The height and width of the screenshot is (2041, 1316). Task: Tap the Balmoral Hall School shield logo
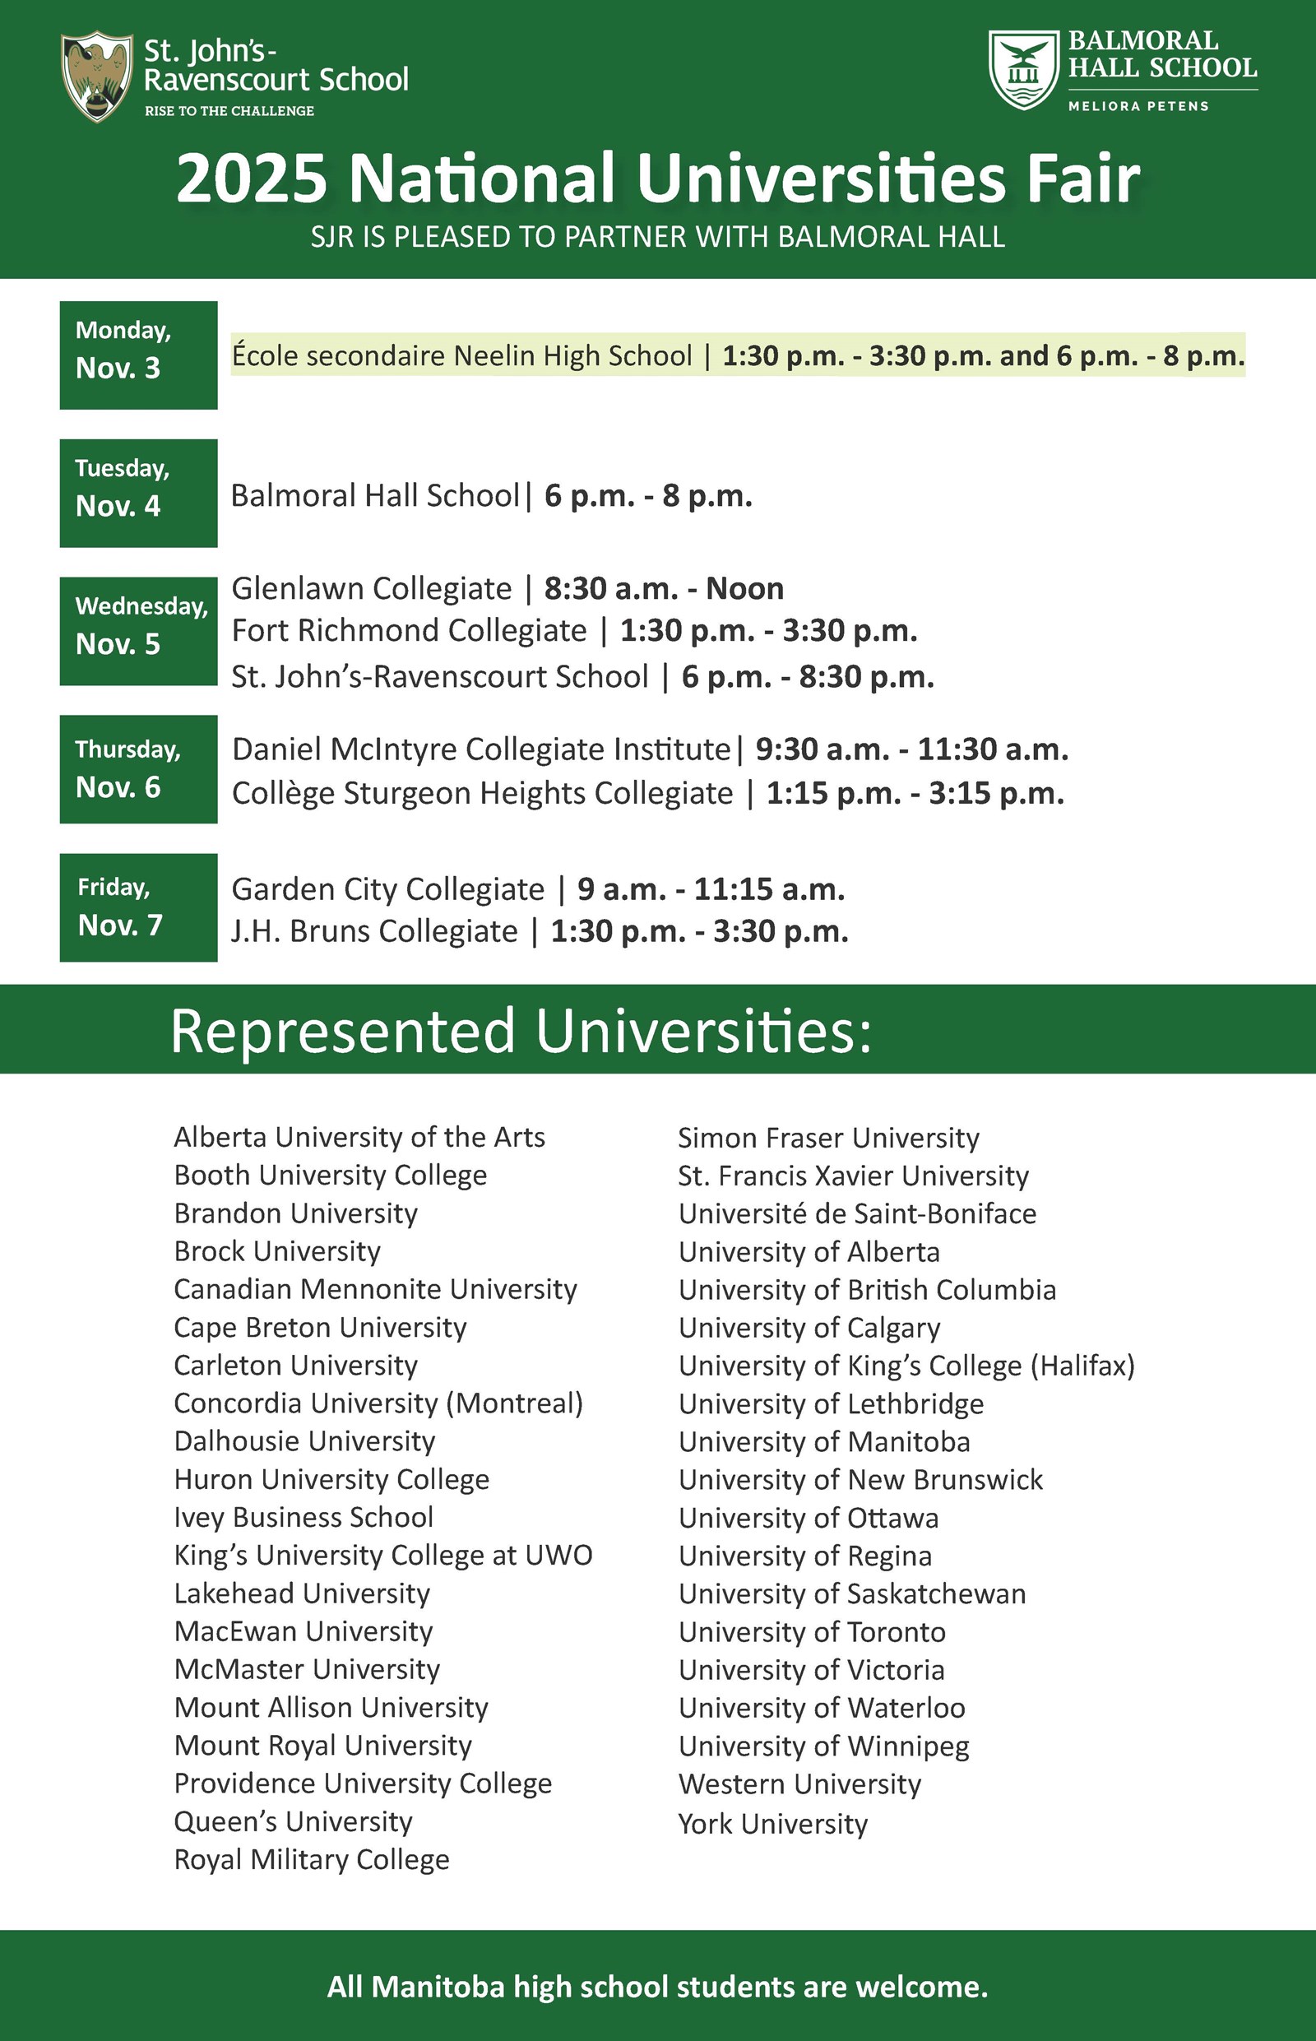tap(1024, 70)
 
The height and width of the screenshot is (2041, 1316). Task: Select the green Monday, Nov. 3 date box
tap(138, 355)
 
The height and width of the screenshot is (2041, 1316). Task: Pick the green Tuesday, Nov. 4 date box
tap(138, 493)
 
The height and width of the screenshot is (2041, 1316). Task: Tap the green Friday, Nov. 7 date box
tap(138, 907)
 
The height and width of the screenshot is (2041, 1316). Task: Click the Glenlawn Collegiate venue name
tap(372, 589)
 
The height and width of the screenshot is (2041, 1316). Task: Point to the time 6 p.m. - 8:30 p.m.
tap(808, 677)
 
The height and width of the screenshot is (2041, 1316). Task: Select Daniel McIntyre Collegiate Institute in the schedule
tap(481, 749)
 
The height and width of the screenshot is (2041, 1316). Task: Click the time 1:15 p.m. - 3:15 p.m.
tap(915, 794)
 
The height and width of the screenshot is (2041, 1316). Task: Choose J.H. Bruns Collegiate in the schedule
tap(374, 931)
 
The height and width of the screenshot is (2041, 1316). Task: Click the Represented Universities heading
tap(521, 1031)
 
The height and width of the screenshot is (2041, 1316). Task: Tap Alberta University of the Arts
tap(359, 1138)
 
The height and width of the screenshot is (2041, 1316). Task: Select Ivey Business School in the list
tap(304, 1517)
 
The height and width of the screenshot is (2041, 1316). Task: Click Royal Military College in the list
tap(311, 1860)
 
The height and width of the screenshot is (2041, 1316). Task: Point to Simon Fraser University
tap(828, 1139)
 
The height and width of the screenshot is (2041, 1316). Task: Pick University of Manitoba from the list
tap(824, 1442)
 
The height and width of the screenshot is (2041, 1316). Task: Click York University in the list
tap(772, 1824)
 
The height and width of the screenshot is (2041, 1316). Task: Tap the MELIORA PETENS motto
tap(1138, 106)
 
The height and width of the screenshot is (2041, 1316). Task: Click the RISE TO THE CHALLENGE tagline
tap(229, 111)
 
